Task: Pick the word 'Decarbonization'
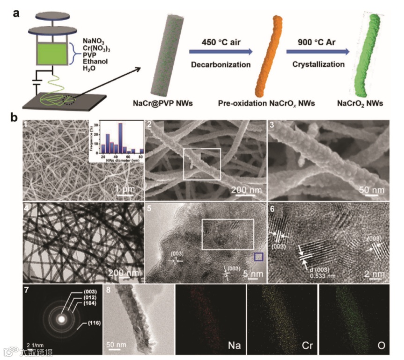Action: (x=220, y=64)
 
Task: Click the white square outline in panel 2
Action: (x=202, y=163)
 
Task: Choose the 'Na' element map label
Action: (x=235, y=347)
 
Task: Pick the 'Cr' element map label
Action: (x=307, y=347)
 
